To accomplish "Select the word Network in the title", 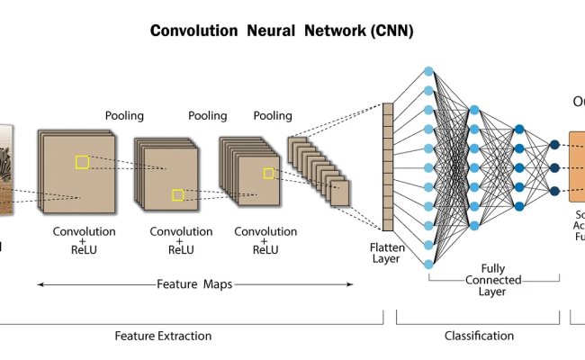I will (x=332, y=31).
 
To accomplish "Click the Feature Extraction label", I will (x=163, y=336).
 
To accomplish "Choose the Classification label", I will (x=479, y=336).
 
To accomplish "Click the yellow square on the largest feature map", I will (x=82, y=162).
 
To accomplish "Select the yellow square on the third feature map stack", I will (x=268, y=173).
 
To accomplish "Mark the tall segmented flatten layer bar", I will (x=388, y=167).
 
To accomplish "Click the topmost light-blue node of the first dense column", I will (x=428, y=71).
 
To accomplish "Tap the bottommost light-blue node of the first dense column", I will (x=428, y=265).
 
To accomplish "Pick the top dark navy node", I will (x=554, y=144).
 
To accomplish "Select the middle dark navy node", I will (x=554, y=167).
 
